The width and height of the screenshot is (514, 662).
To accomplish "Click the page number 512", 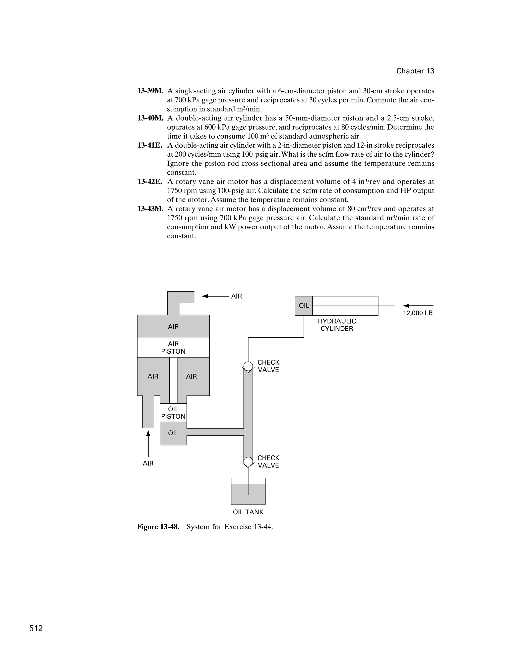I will [36, 629].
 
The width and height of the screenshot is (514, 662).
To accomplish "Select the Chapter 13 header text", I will [415, 71].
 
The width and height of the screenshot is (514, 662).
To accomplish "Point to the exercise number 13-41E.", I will [150, 145].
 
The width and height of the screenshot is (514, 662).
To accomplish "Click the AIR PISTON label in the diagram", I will [173, 348].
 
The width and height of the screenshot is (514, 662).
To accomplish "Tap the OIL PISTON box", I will [173, 413].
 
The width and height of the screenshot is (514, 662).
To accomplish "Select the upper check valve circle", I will [248, 366].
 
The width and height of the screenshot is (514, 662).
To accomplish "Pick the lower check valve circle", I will [248, 462].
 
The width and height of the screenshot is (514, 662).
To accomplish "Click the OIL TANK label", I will [248, 512].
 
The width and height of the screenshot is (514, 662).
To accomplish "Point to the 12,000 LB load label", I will [418, 313].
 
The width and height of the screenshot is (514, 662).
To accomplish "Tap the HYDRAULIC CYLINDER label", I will [337, 325].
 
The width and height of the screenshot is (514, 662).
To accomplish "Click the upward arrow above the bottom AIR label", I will [148, 446].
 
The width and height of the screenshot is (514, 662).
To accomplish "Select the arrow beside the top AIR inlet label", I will [215, 296].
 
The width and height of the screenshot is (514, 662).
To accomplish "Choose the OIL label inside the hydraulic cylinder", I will [304, 306].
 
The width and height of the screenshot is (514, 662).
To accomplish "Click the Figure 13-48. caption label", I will [158, 527].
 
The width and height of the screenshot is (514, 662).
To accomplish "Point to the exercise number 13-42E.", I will [150, 181].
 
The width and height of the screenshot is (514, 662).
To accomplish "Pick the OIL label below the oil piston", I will [173, 433].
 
